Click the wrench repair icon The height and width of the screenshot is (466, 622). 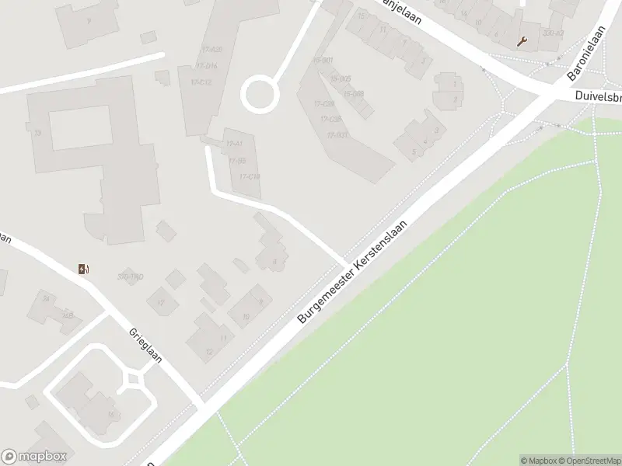pos(522,41)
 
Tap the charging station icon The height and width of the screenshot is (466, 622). pos(84,270)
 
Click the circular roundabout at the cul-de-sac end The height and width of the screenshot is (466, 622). pos(260,95)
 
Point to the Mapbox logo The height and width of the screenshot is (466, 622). pos(34,457)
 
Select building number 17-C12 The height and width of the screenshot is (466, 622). pos(201,82)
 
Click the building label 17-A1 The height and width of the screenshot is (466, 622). pos(234,144)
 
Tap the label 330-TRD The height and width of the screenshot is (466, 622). pos(129,277)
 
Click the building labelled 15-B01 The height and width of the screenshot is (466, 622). pos(323,60)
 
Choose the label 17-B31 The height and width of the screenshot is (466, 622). pos(337,134)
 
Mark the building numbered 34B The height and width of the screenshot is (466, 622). pos(68,315)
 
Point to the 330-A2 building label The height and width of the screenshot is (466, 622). pos(554,33)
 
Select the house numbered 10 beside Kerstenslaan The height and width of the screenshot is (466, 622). pos(246,316)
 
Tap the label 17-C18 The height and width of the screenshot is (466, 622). pos(250,176)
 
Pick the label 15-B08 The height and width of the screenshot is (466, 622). pos(353,94)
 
